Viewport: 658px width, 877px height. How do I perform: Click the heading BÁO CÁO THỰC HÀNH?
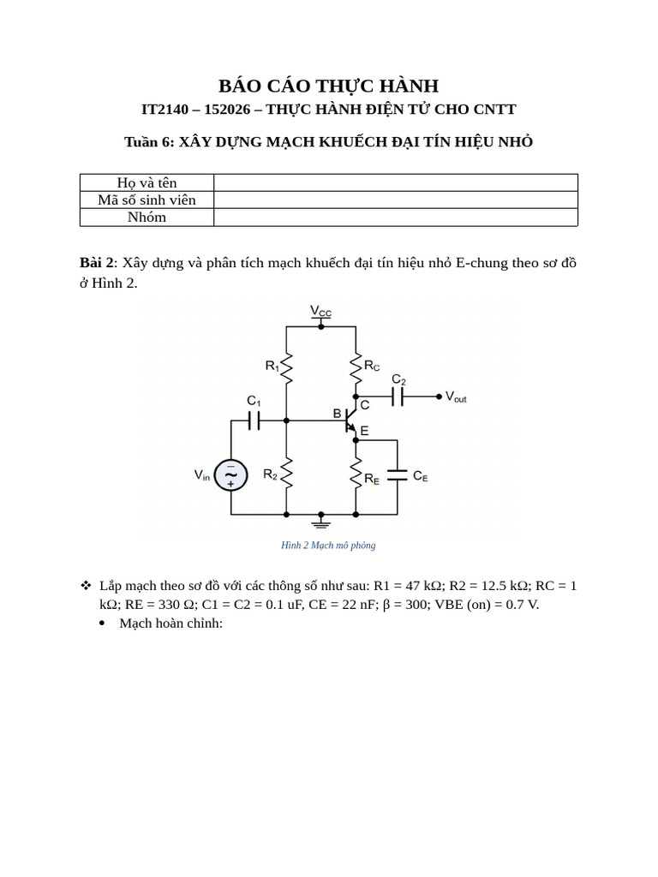pos(328,86)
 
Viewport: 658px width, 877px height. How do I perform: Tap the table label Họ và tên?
pos(147,182)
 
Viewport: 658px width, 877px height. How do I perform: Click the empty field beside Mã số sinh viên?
pos(395,200)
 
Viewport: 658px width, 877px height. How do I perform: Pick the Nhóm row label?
pos(147,217)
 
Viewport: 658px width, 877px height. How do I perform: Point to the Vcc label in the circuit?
pos(320,311)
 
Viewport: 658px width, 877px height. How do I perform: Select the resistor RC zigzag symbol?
pos(355,368)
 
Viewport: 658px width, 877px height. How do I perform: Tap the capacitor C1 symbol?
pos(254,420)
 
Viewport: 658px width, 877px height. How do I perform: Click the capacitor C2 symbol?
pos(398,396)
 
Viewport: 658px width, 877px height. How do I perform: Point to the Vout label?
pos(456,397)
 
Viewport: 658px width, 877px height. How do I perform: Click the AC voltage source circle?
pos(230,474)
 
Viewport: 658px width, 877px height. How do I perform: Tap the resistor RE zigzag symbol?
pos(355,473)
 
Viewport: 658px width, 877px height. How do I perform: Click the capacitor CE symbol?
pos(397,474)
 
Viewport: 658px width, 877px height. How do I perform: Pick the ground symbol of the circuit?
pos(321,519)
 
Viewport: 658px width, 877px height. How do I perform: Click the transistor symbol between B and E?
pos(350,420)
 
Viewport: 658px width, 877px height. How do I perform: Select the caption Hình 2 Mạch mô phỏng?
pos(328,546)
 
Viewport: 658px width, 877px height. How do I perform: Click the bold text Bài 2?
pos(97,263)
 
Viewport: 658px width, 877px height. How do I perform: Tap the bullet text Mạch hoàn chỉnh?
pos(170,623)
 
